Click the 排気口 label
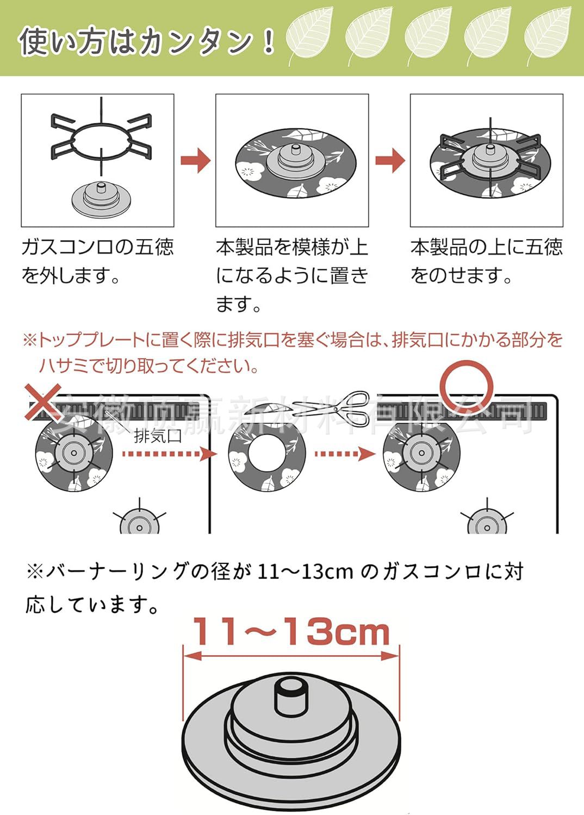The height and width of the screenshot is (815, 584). pos(158,436)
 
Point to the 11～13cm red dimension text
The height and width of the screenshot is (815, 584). pos(291,631)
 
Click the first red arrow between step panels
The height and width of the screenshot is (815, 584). pos(195,160)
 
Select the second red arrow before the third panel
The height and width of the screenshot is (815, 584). pos(390,160)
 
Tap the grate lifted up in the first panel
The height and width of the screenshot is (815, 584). pos(101,136)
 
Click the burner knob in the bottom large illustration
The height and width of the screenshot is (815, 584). pos(290,695)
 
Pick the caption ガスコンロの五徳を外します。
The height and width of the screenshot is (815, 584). pos(97,261)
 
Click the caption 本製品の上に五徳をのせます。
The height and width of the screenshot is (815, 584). pos(486,261)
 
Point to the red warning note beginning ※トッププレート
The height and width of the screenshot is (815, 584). pos(292,352)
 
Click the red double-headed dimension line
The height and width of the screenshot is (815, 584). pos(291,656)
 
